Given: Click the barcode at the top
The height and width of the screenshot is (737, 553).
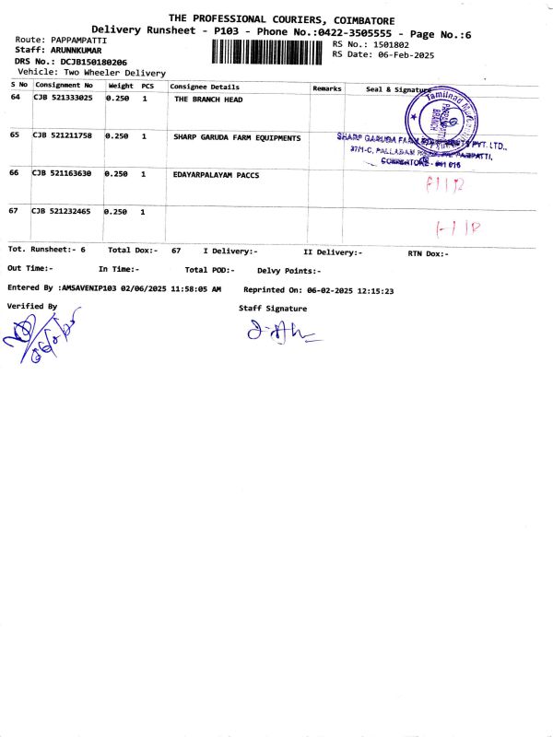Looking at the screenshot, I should pos(269,51).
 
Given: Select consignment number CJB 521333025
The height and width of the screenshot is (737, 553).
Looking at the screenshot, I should pos(63,99).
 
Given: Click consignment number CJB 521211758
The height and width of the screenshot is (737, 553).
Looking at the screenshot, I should pos(63,136).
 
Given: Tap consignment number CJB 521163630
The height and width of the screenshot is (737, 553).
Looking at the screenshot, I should pos(63,174).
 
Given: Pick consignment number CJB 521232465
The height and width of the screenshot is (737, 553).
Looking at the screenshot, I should pos(63,212).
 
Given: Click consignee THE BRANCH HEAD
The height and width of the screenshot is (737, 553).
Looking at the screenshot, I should pos(208,99).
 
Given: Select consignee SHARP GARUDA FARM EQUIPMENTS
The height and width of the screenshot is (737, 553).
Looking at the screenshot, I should pos(237,137).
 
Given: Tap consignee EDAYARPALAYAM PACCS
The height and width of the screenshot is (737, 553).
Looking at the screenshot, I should pos(216,174).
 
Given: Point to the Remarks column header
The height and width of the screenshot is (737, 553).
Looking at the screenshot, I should pos(327,88).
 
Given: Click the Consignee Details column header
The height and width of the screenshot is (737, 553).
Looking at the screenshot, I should pos(205,87).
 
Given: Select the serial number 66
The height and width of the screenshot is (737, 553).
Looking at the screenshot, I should pos(15,173).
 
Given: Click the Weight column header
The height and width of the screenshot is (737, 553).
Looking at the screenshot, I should pos(121,87).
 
